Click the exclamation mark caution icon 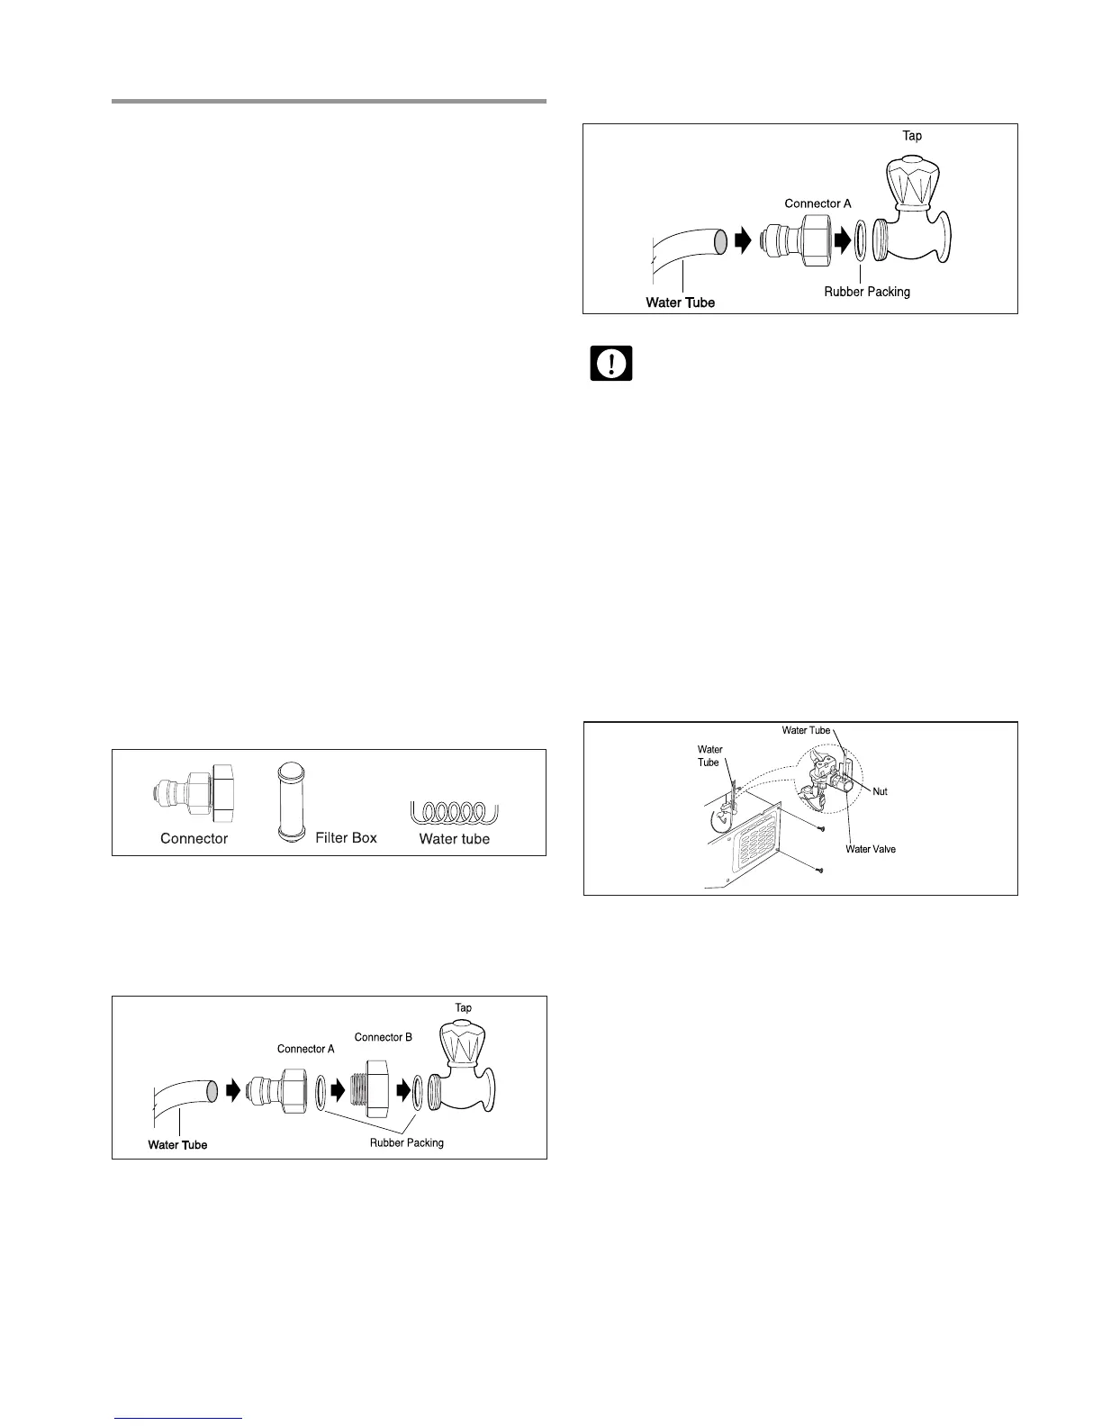[611, 363]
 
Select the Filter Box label [346, 837]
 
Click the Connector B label [383, 1037]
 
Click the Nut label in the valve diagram [880, 791]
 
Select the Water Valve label [871, 849]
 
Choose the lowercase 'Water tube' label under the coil [455, 838]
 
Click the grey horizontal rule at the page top [329, 102]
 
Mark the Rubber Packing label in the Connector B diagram [407, 1143]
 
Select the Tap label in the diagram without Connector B [912, 136]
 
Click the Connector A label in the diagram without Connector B [817, 203]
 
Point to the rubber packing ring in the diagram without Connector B [861, 241]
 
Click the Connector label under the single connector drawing [194, 838]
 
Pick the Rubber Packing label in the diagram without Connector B [867, 292]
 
